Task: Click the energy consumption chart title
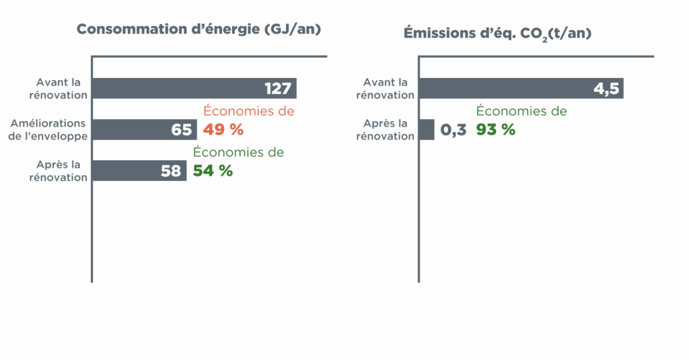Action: click(x=198, y=30)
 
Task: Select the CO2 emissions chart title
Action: click(x=497, y=33)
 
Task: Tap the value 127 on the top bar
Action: click(x=277, y=89)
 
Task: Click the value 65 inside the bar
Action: click(x=182, y=130)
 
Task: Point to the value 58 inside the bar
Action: click(x=171, y=171)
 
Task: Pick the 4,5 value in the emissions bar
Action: click(x=606, y=89)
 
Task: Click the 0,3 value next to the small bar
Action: click(x=454, y=130)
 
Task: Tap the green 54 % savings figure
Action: click(x=213, y=170)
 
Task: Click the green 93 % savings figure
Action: click(x=495, y=129)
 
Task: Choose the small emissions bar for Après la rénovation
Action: click(x=427, y=130)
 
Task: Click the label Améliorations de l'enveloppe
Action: click(x=48, y=129)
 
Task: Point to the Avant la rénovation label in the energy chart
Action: click(x=58, y=88)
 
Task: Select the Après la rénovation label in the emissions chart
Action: click(x=386, y=129)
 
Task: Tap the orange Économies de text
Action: click(x=249, y=111)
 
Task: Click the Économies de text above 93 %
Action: click(x=521, y=111)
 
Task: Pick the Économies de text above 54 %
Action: click(x=238, y=152)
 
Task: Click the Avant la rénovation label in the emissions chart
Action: click(x=386, y=88)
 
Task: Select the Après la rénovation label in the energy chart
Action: click(x=58, y=171)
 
